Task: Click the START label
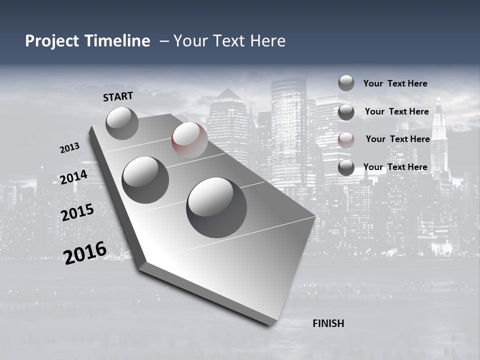118,96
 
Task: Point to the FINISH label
328,323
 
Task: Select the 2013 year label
69,148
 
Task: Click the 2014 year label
74,177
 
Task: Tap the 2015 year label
77,212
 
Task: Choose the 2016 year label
84,252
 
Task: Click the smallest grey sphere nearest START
122,123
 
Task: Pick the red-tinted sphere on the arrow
189,139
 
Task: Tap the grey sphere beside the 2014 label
145,179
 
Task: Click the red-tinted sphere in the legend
346,140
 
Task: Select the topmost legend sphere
346,83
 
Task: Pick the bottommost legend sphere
346,168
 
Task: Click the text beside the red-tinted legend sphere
397,139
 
